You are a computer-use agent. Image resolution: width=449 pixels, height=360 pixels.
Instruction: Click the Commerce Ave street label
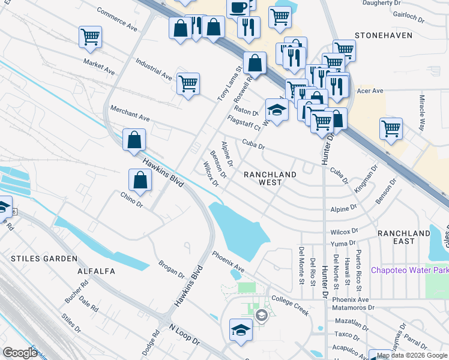117,19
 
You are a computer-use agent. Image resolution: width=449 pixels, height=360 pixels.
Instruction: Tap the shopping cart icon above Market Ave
90,37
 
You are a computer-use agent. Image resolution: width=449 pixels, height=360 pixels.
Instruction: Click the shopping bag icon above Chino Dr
140,179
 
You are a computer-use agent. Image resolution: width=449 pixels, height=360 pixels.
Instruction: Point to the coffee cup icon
238,8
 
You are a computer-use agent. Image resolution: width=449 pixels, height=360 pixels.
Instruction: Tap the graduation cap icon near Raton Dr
276,110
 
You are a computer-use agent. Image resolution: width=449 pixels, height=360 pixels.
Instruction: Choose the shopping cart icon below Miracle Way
391,128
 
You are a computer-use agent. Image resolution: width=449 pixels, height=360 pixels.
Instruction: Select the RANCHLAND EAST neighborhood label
404,236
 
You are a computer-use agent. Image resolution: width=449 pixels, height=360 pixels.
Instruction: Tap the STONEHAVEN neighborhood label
384,35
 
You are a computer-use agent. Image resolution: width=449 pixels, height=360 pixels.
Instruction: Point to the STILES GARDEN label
44,258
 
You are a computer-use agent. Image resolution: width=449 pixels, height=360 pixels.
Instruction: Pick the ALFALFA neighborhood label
97,271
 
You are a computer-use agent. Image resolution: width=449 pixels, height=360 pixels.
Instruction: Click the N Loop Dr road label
184,334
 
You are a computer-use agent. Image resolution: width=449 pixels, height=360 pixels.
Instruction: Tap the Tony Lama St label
229,84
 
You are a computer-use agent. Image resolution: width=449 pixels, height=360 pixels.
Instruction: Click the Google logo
20,352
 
